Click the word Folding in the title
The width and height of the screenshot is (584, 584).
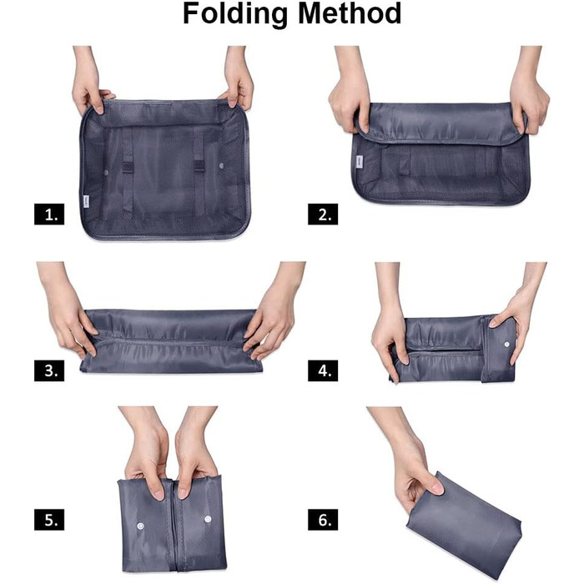(x=237, y=15)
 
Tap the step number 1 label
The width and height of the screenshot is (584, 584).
(x=49, y=215)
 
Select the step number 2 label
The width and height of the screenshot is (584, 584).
(x=323, y=215)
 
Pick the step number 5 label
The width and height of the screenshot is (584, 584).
(x=49, y=519)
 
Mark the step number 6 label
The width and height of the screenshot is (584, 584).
(x=323, y=519)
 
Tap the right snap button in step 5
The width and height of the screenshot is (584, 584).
(x=207, y=520)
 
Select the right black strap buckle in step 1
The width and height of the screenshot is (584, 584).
(x=200, y=163)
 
